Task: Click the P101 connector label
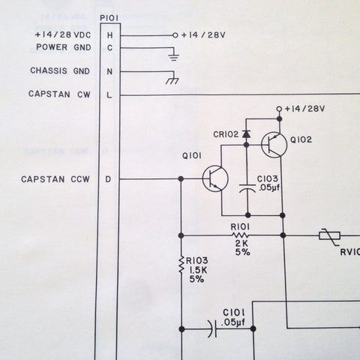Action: (x=109, y=18)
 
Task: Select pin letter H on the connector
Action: (x=109, y=35)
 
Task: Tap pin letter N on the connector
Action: (x=109, y=72)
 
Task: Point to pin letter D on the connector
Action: (x=108, y=179)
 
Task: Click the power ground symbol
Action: (x=174, y=57)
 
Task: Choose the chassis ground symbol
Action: (x=172, y=80)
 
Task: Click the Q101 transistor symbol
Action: (x=215, y=178)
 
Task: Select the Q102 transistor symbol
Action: (x=274, y=145)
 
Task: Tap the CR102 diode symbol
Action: (x=246, y=134)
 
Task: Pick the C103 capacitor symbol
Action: (x=247, y=188)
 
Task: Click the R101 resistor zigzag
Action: (x=240, y=235)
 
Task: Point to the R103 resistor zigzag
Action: (x=181, y=264)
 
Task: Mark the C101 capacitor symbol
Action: (x=212, y=329)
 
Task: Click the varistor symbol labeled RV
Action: (x=330, y=236)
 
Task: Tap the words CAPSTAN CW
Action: (x=59, y=94)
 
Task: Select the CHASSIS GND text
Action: (x=60, y=70)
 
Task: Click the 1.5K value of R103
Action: (x=199, y=270)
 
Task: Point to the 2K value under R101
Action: (x=241, y=243)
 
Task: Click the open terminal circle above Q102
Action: (x=279, y=109)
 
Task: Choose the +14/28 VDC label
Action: (x=63, y=34)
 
